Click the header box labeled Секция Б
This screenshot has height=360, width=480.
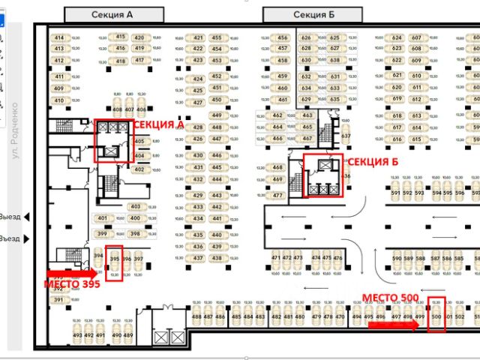tap(314, 14)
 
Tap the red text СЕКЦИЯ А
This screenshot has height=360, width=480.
tap(158, 126)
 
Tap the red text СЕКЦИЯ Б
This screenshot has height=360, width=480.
tap(369, 161)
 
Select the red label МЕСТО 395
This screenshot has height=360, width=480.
tap(71, 285)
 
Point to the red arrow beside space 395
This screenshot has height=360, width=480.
tap(69, 272)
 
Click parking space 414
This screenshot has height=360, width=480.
tap(58, 37)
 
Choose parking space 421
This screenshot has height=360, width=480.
tap(197, 37)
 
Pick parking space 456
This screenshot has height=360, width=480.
tap(282, 37)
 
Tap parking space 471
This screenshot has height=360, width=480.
tap(276, 258)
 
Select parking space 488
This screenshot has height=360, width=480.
tap(196, 317)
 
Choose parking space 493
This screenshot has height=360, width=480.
tap(77, 335)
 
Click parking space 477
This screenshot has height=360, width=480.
tap(277, 196)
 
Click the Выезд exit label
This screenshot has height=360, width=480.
tap(10, 217)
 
